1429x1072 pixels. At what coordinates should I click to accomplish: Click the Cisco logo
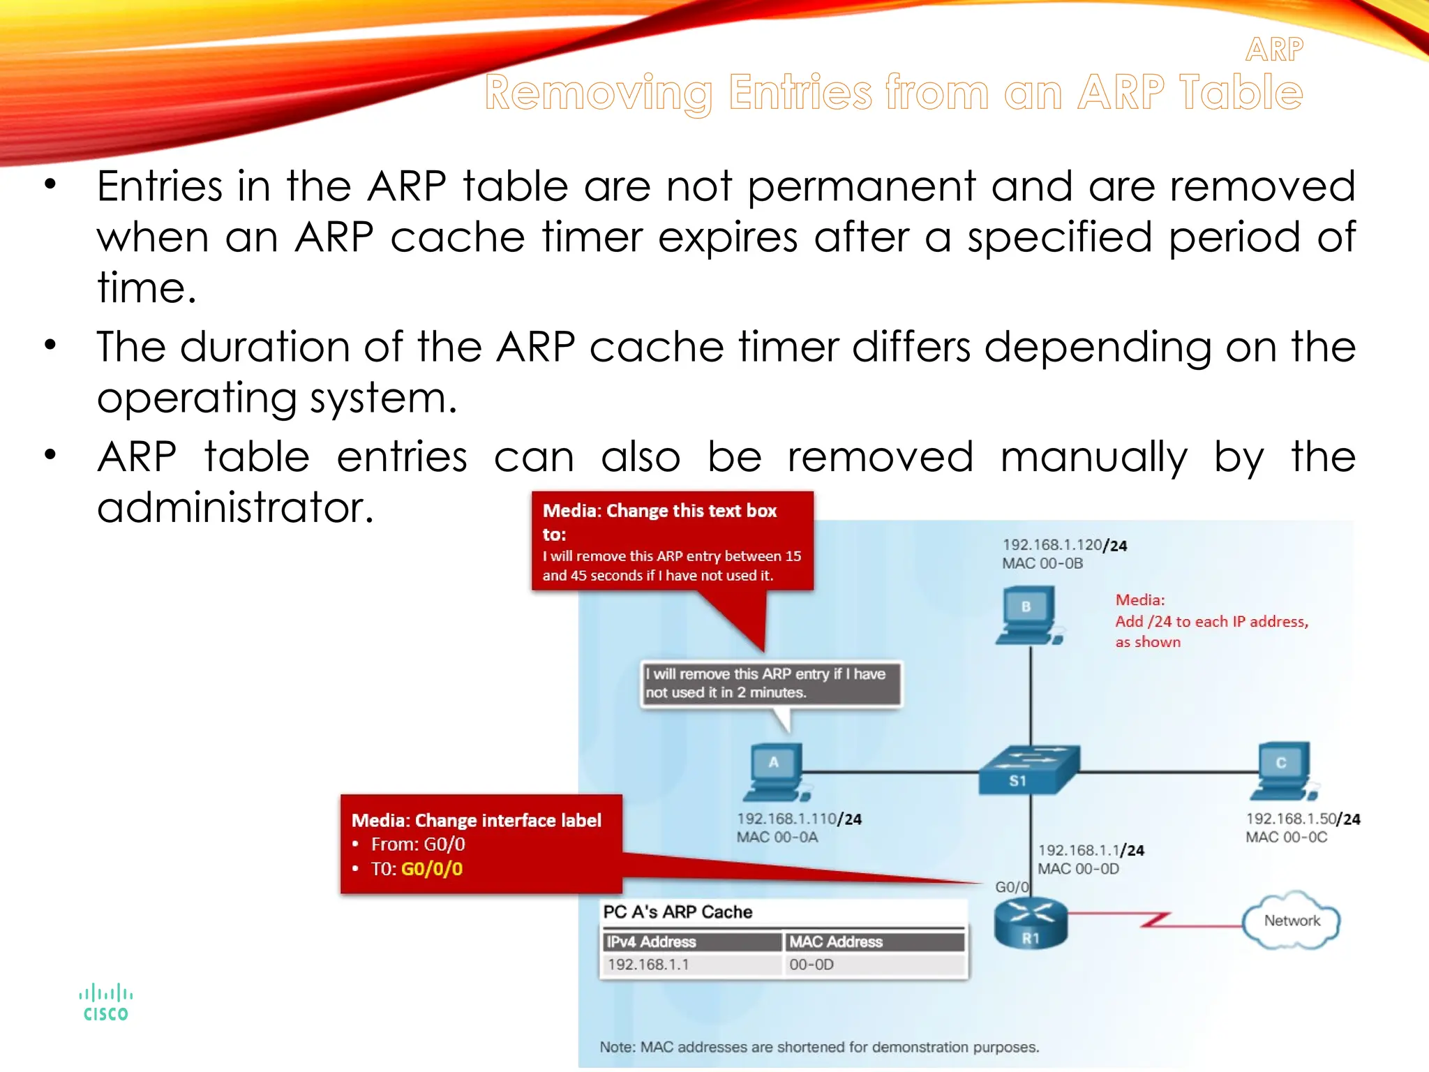coord(105,1003)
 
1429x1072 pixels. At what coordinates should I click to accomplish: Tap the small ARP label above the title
coord(1273,50)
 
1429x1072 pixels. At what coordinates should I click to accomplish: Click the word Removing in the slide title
coord(598,93)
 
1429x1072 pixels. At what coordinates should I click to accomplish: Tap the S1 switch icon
coord(1028,770)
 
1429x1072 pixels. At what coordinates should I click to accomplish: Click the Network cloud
coord(1292,921)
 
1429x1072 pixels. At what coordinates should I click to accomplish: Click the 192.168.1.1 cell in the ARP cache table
coord(648,965)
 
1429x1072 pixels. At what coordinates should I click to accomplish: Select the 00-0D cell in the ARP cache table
coord(811,965)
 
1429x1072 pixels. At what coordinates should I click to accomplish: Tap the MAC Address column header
coord(836,941)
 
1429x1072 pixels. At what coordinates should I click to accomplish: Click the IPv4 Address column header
coord(651,941)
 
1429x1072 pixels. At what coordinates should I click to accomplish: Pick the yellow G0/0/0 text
coord(431,869)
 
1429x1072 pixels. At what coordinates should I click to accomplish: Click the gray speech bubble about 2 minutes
coord(770,683)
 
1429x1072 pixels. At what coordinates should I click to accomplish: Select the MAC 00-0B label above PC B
coord(1042,563)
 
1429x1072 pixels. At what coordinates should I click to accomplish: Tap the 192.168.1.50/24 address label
coord(1303,819)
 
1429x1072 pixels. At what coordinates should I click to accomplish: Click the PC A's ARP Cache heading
coord(678,912)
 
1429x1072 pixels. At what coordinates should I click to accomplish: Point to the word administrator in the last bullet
coord(235,507)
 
